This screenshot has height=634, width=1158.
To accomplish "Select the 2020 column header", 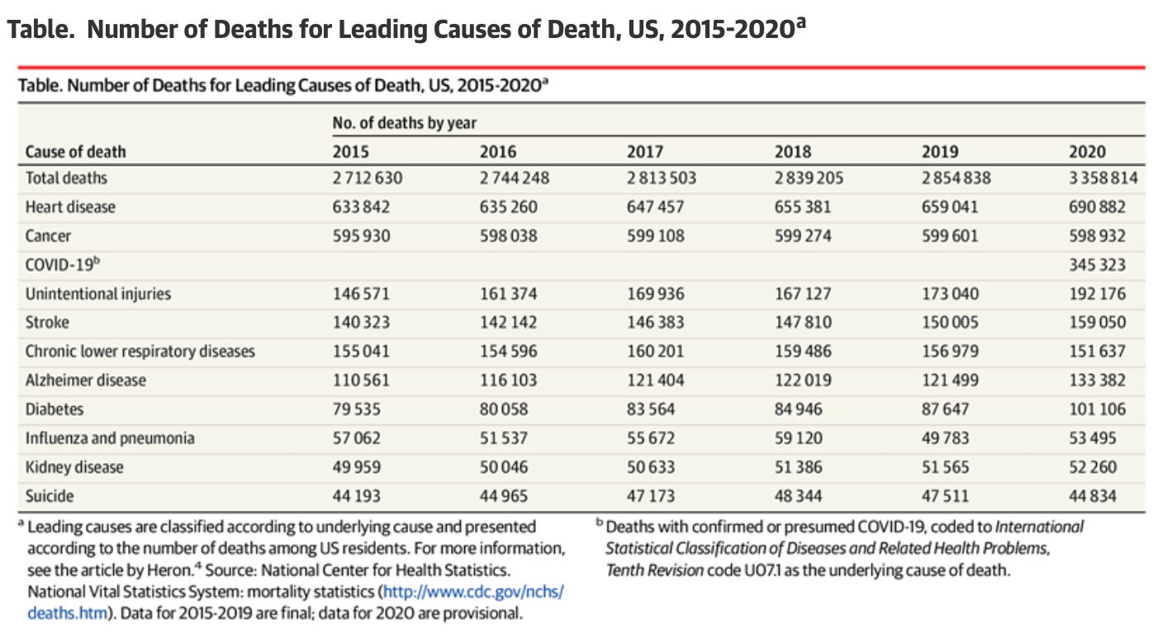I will tap(1087, 152).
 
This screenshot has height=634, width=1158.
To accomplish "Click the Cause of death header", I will tap(76, 152).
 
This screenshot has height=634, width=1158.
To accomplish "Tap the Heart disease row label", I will tap(70, 206).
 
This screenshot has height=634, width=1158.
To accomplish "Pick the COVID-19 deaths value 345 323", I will tap(1097, 265).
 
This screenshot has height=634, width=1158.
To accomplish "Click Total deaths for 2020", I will tap(1102, 177).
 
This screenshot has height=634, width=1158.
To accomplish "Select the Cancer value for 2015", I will tap(361, 236).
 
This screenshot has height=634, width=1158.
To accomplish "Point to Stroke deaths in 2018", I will tap(803, 323).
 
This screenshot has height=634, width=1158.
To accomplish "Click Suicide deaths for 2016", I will tap(505, 496).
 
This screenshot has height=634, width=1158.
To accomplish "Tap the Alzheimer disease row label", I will tap(86, 381).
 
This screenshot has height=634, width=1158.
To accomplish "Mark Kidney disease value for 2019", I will tap(947, 467).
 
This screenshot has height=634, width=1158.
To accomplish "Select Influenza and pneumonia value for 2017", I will tap(653, 438).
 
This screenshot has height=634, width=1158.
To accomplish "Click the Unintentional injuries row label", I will tap(98, 294).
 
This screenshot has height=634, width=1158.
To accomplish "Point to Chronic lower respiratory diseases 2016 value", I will tap(508, 352).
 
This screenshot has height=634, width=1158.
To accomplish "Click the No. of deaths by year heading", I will tap(405, 123).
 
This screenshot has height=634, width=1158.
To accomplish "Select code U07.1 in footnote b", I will tap(766, 570).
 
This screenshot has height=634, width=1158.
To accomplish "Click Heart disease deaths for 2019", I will tap(950, 206).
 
